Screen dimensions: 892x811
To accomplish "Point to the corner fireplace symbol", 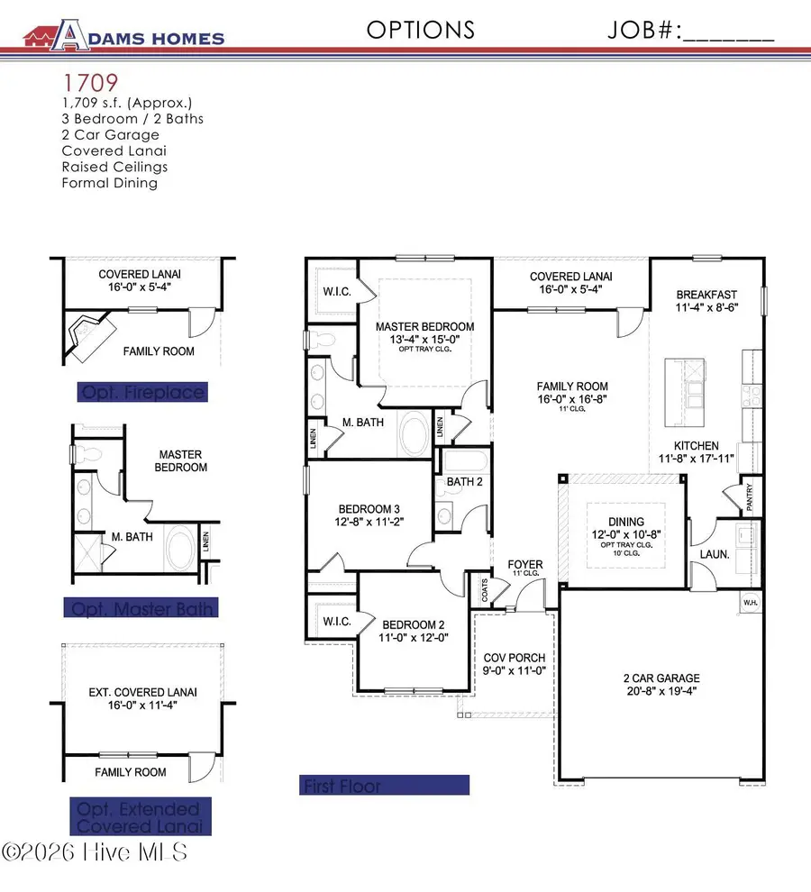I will point(91,334).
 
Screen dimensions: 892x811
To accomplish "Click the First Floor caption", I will point(385,786).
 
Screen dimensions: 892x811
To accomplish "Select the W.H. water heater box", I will point(750,601).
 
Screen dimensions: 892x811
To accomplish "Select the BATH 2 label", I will point(466,483).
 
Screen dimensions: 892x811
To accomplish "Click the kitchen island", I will point(683,393).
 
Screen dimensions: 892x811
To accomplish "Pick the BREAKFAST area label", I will point(707,295).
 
